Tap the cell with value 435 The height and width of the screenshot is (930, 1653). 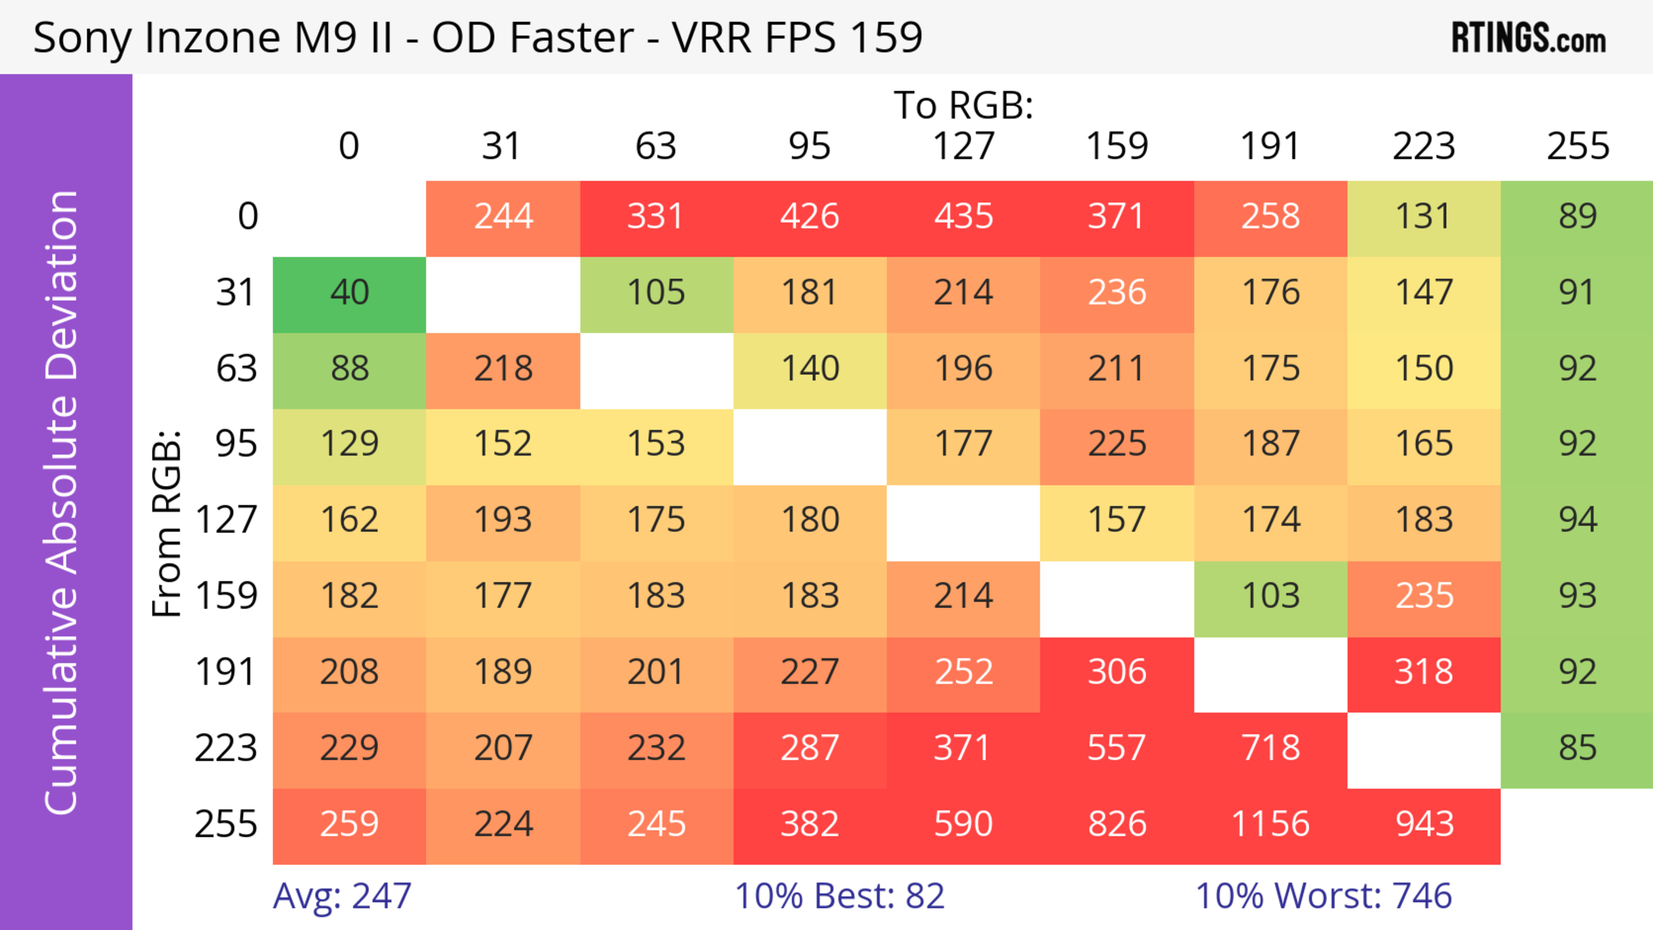(x=963, y=217)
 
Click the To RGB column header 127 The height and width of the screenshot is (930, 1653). (x=963, y=146)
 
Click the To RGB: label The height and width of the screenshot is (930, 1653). (x=963, y=106)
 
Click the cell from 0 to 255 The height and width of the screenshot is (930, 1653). (x=1577, y=217)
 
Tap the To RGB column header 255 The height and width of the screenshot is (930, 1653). (x=1577, y=146)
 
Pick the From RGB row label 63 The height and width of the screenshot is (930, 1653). (x=236, y=369)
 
